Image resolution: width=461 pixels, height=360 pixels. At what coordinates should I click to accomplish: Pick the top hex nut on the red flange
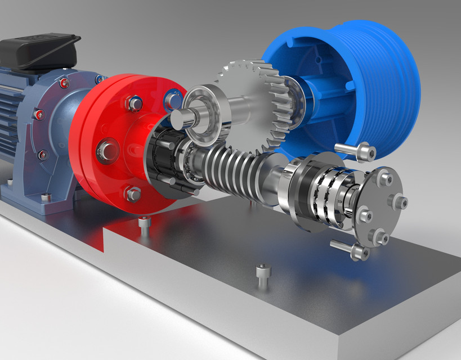(134, 104)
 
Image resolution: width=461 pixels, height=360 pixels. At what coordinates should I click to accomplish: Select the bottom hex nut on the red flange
(133, 194)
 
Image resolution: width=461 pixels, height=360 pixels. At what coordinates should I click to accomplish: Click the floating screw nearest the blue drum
(355, 151)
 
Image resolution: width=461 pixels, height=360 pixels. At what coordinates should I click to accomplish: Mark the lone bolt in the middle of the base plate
(263, 276)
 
